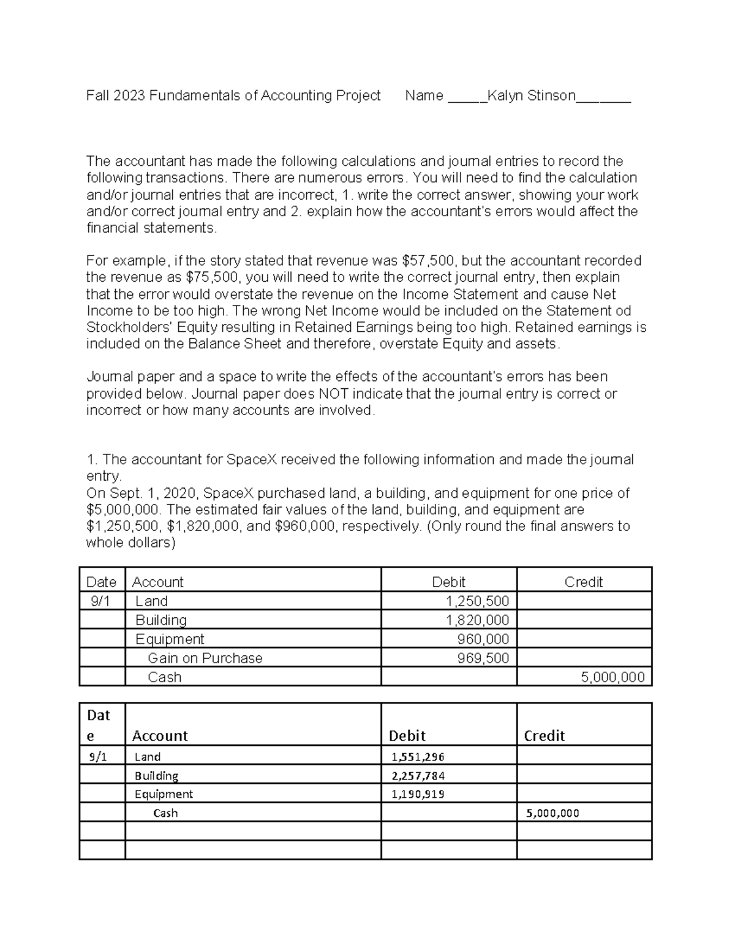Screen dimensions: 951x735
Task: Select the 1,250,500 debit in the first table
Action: [477, 601]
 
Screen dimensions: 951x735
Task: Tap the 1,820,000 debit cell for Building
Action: [477, 620]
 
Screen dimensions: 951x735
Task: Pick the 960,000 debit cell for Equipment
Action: [483, 639]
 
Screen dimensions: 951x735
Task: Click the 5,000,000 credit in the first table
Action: [612, 677]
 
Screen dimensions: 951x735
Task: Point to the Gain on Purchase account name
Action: [205, 658]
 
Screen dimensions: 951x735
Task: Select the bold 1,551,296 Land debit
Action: [418, 757]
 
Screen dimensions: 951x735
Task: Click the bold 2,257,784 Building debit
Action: [418, 776]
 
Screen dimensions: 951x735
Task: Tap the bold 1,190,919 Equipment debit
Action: [418, 795]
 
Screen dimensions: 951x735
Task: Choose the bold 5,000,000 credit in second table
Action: [552, 813]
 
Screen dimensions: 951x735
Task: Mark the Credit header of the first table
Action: [583, 582]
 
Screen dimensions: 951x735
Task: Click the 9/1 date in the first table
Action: [100, 601]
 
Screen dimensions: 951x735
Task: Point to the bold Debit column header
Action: [407, 736]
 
